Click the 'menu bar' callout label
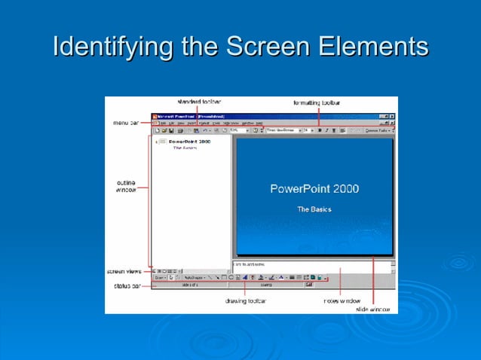125,123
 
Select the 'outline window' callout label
126,185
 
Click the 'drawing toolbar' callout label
246,301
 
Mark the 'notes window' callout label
340,301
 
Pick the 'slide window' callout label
373,309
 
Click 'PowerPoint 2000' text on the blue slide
314,189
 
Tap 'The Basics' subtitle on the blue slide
314,209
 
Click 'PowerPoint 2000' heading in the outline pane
189,141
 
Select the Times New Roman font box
283,130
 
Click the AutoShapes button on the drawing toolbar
194,278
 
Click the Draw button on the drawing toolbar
159,278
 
